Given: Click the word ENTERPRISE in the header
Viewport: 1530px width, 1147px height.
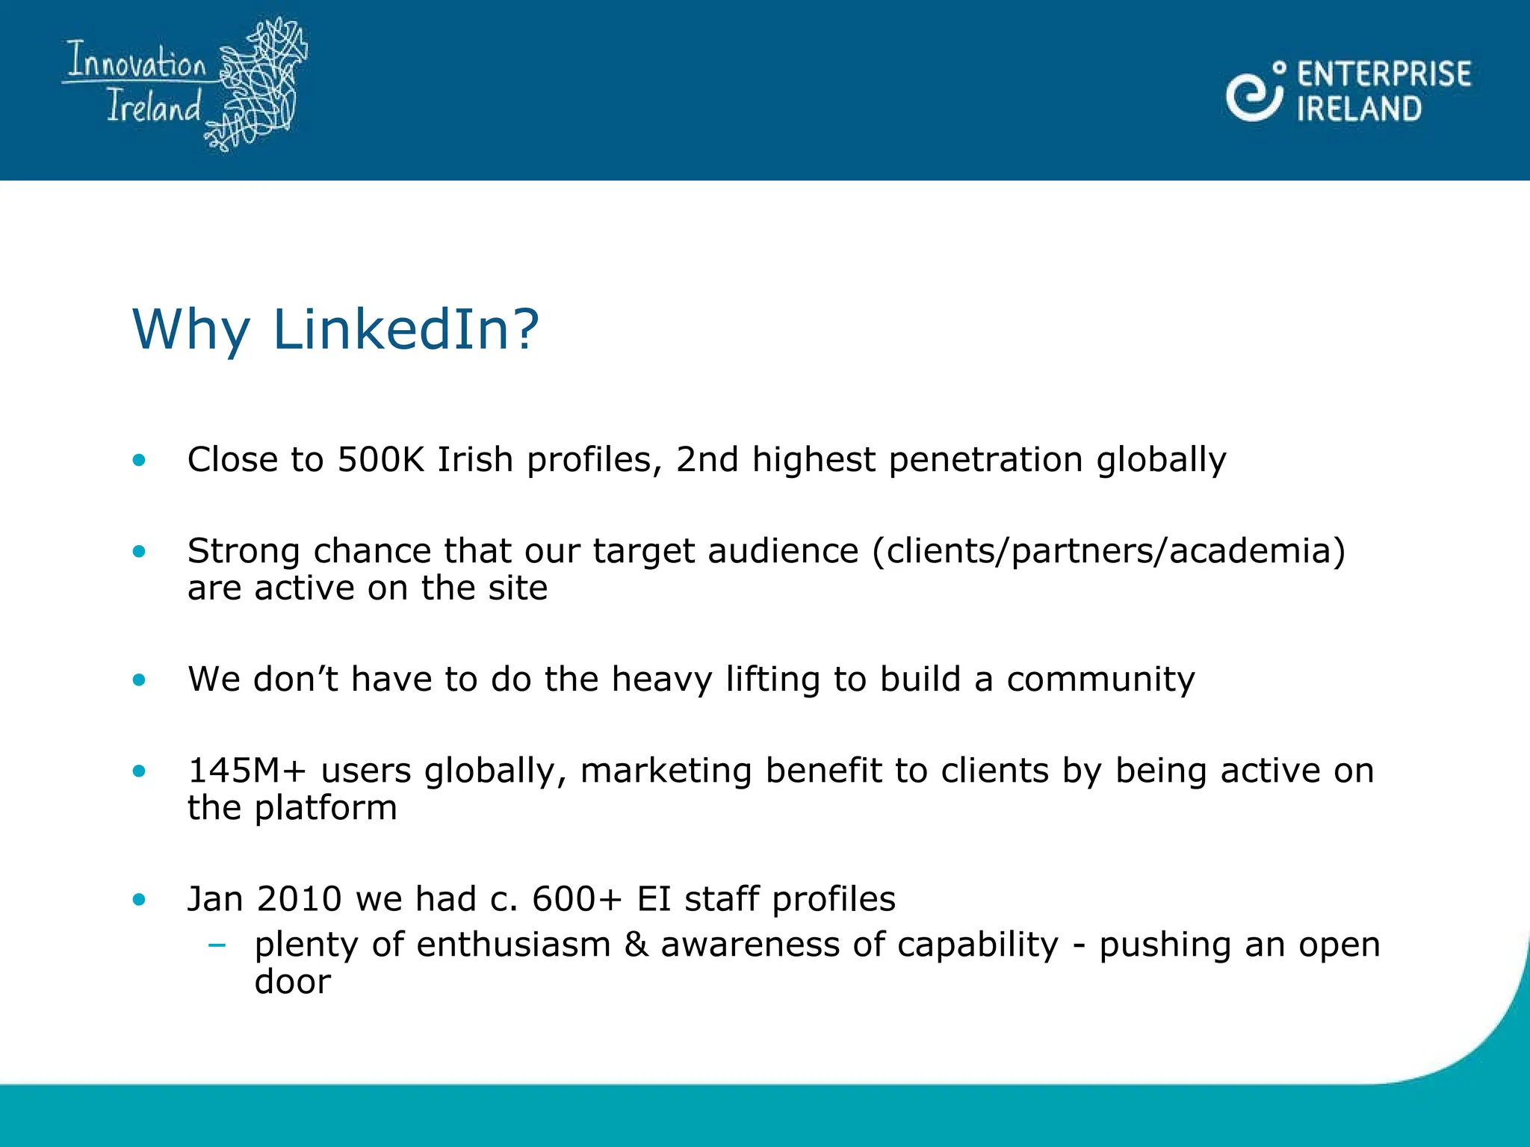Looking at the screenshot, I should [x=1384, y=75].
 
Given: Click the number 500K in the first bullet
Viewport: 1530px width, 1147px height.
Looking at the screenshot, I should [x=380, y=459].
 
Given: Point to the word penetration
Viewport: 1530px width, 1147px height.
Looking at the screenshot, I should [x=985, y=459].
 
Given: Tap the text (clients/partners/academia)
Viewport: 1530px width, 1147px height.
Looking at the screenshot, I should [x=1109, y=551].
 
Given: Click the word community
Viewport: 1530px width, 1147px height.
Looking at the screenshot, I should [x=1100, y=680].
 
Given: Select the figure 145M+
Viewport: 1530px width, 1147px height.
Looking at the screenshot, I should [x=247, y=771].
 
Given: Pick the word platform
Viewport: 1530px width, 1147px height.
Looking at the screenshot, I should [x=326, y=809].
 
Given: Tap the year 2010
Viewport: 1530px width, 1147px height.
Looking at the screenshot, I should [x=299, y=899].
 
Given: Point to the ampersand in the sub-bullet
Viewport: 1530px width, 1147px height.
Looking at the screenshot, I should [x=636, y=945].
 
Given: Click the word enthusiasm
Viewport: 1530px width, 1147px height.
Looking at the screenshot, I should [x=513, y=945].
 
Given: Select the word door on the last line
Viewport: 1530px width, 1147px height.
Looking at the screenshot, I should [x=292, y=982].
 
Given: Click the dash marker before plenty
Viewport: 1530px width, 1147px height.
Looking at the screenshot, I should [x=217, y=945].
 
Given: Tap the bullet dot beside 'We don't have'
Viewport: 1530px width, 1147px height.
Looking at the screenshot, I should [x=139, y=680].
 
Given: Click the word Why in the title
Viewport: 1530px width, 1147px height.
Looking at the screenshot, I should [x=191, y=329].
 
